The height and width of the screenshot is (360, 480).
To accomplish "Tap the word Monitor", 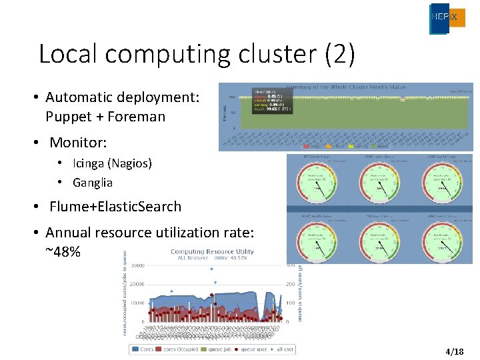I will (77, 143).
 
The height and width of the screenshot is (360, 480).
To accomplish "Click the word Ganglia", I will (93, 183).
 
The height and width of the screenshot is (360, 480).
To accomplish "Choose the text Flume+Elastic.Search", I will (115, 207).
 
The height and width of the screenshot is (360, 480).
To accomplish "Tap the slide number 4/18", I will (454, 351).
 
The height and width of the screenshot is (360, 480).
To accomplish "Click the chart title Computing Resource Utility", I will (212, 251).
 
